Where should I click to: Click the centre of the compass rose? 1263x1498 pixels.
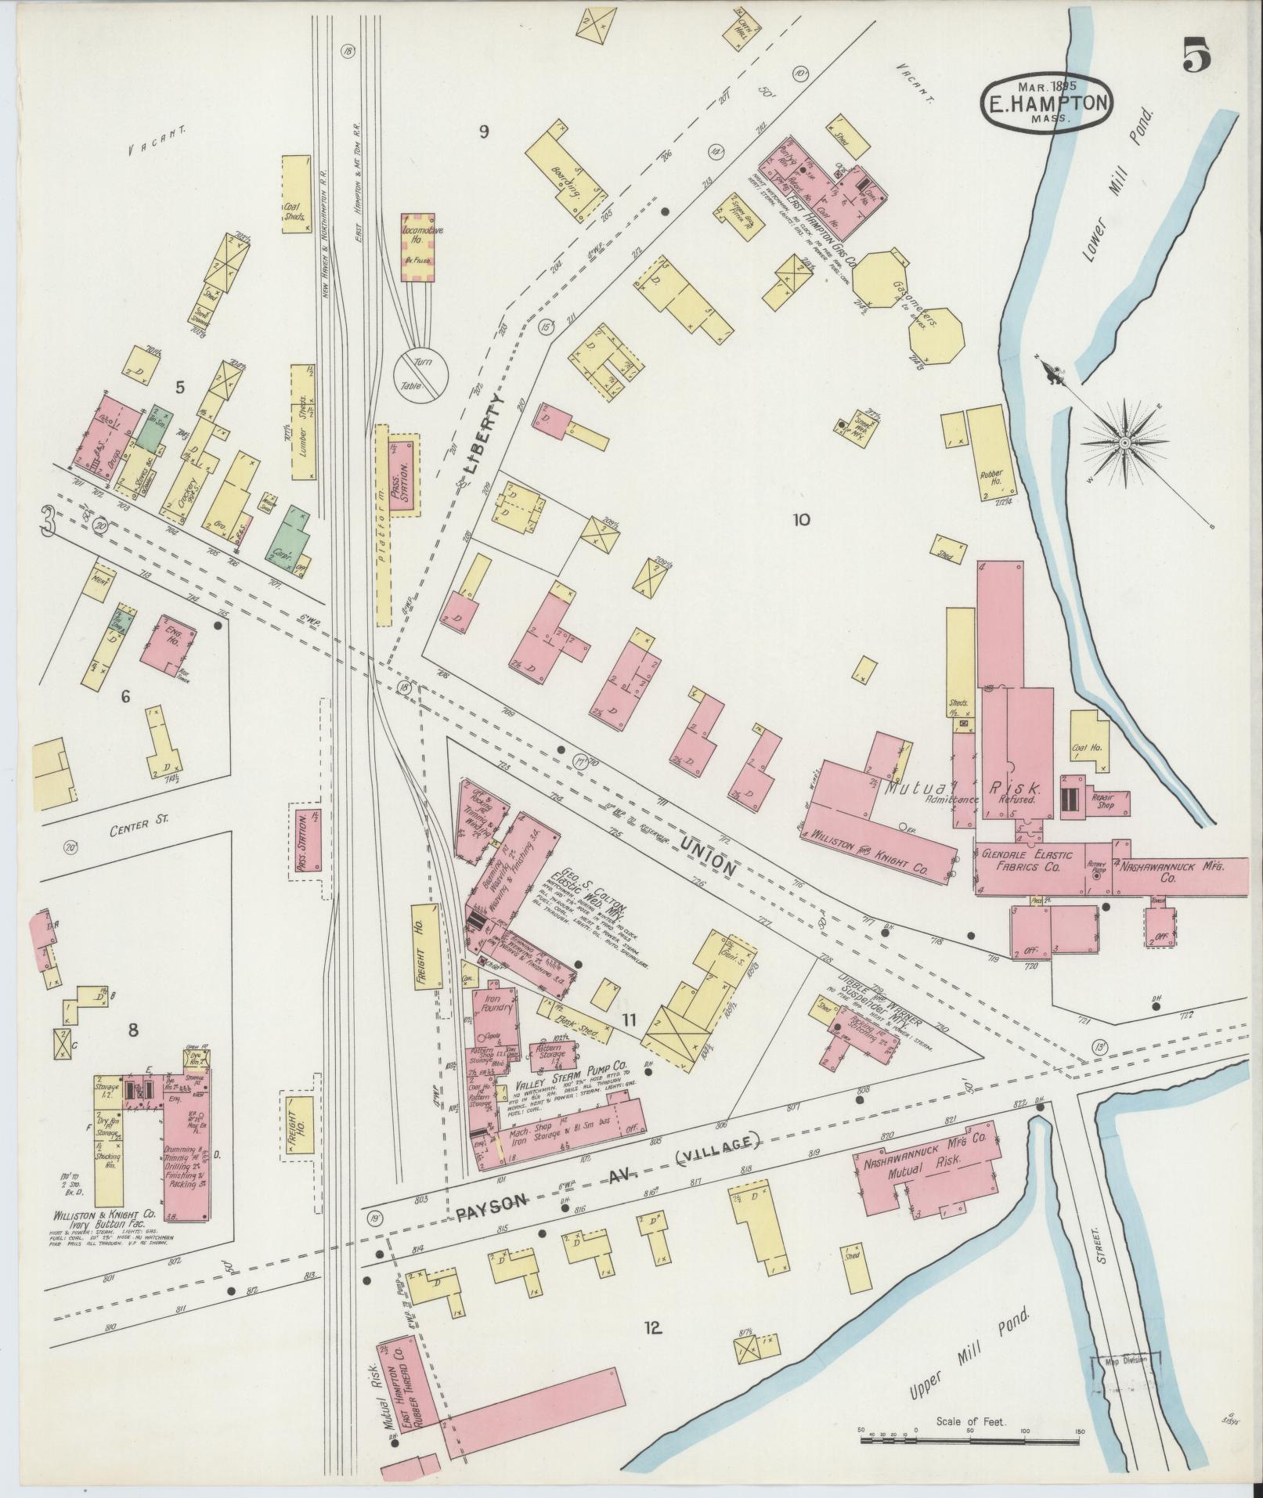(1124, 443)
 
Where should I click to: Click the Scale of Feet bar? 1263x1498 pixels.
(971, 1281)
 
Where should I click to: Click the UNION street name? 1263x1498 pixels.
(708, 857)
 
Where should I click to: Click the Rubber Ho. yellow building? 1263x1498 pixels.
(991, 453)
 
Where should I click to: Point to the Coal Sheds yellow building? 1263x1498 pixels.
(294, 194)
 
